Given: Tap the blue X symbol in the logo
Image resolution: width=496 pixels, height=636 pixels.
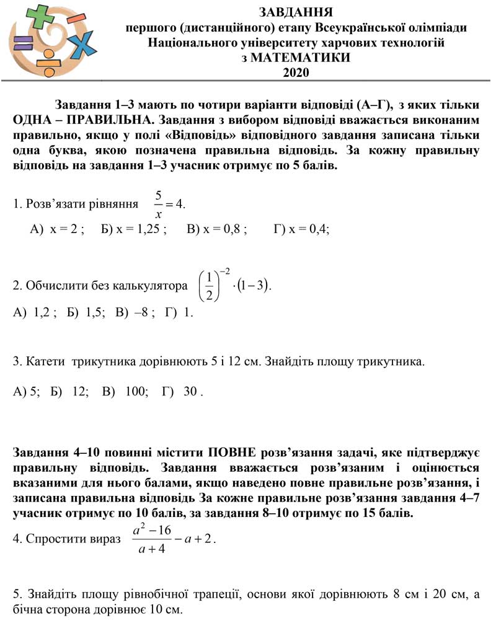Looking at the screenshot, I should pos(79,45).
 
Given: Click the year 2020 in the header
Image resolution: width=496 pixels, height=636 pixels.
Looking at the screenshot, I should pos(296,72).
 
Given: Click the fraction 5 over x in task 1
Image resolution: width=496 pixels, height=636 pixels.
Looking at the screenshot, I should pos(159,203).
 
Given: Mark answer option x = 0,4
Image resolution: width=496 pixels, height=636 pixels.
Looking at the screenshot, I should pos(306,229).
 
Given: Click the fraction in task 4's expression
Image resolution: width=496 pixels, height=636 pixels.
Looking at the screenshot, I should pos(151,539).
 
